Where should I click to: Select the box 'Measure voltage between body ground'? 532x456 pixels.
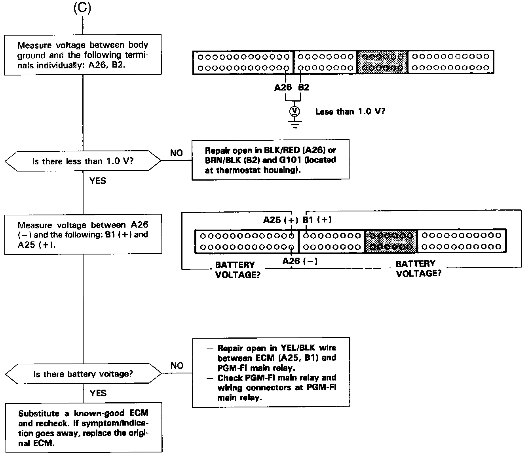[x=83, y=55]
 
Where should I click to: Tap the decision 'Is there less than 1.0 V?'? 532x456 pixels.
[x=83, y=161]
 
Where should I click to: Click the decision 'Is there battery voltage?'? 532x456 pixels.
[x=83, y=374]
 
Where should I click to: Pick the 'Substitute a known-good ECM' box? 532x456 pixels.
[x=84, y=428]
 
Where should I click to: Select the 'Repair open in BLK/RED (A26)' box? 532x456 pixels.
[x=270, y=160]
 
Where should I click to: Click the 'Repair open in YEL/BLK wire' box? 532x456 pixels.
[x=271, y=372]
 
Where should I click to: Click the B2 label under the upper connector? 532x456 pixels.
[x=304, y=88]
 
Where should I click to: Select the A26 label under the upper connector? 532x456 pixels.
[x=283, y=88]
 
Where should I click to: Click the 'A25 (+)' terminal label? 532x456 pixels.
[x=281, y=220]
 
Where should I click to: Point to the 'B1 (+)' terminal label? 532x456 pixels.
[x=317, y=220]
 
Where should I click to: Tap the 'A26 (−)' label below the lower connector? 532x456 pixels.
[x=300, y=261]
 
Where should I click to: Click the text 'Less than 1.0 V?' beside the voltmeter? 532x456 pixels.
[x=350, y=112]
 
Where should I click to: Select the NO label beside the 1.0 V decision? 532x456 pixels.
[x=177, y=153]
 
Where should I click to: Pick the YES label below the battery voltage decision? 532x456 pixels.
[x=98, y=393]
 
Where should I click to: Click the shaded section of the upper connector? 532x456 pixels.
[x=382, y=62]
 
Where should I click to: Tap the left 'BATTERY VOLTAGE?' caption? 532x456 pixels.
[x=237, y=270]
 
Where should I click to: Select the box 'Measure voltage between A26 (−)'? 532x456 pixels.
[x=83, y=235]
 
